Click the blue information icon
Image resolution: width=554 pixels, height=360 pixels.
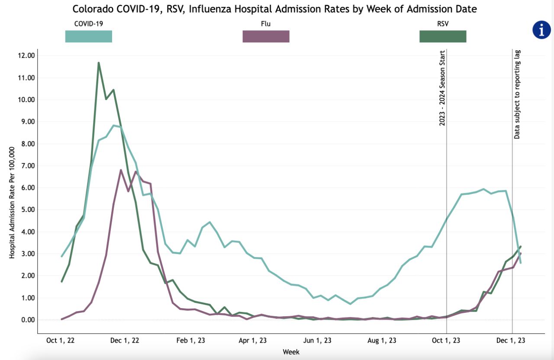(x=541, y=30)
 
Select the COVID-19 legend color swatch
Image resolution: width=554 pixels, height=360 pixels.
(x=88, y=36)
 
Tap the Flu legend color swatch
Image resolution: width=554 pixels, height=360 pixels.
(x=266, y=36)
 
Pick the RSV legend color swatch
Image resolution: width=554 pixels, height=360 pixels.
(x=443, y=36)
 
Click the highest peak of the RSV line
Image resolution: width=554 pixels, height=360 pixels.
(x=99, y=63)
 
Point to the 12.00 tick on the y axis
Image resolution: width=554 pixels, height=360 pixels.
(x=26, y=56)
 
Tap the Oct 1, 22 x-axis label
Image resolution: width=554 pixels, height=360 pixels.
(x=61, y=341)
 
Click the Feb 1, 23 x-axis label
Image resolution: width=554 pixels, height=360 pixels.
(x=191, y=341)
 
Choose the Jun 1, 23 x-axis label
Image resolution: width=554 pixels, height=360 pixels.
(x=318, y=341)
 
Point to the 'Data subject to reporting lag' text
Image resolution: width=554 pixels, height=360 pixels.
(x=517, y=94)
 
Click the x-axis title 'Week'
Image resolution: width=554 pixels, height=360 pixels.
(x=291, y=352)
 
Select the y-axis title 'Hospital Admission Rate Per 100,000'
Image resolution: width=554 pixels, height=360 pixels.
(x=12, y=202)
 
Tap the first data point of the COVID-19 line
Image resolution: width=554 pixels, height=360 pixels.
(x=62, y=256)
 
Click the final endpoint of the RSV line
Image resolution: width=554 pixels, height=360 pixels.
(x=520, y=246)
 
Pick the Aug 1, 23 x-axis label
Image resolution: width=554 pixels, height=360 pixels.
(x=383, y=341)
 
